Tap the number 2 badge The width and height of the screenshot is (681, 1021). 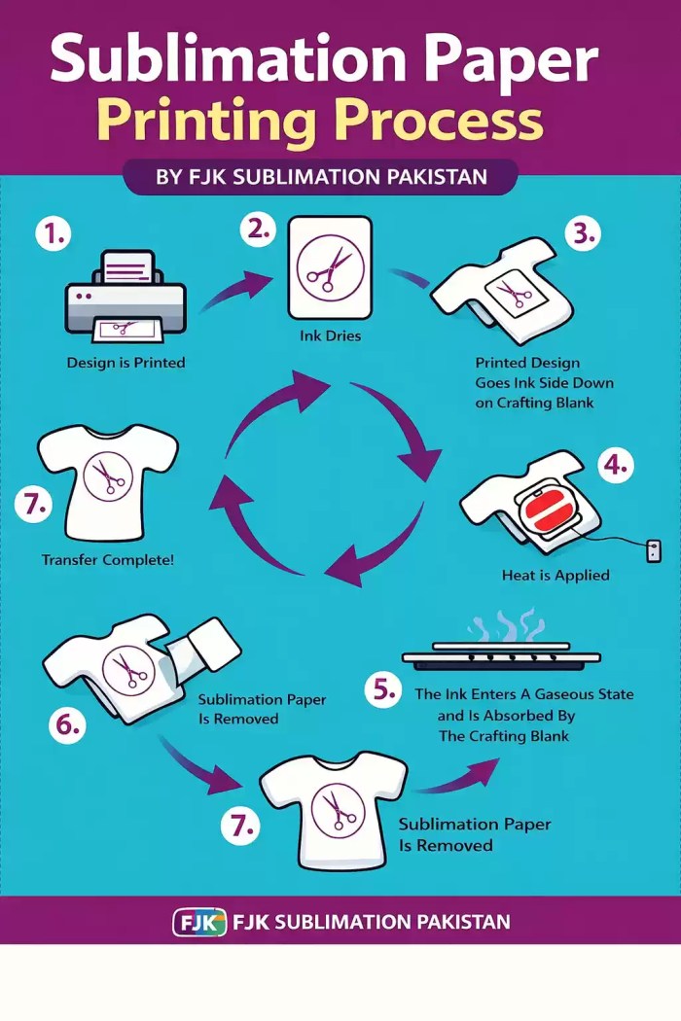coord(258,230)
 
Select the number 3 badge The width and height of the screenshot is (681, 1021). coord(582,234)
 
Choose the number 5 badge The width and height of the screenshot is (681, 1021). coord(383,691)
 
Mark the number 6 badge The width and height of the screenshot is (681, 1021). coord(66,725)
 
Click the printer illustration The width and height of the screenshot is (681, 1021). coord(124,299)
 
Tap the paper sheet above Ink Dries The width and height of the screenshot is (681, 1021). coord(330,266)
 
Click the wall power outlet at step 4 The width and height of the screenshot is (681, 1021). coord(654,551)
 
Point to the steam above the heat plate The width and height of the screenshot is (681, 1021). coord(504,625)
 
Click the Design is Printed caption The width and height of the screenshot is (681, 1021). coord(125,363)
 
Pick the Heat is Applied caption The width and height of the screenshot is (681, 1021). coord(556,576)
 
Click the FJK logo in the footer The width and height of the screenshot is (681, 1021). coord(198,921)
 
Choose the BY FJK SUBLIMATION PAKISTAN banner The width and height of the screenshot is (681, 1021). coord(320,178)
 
